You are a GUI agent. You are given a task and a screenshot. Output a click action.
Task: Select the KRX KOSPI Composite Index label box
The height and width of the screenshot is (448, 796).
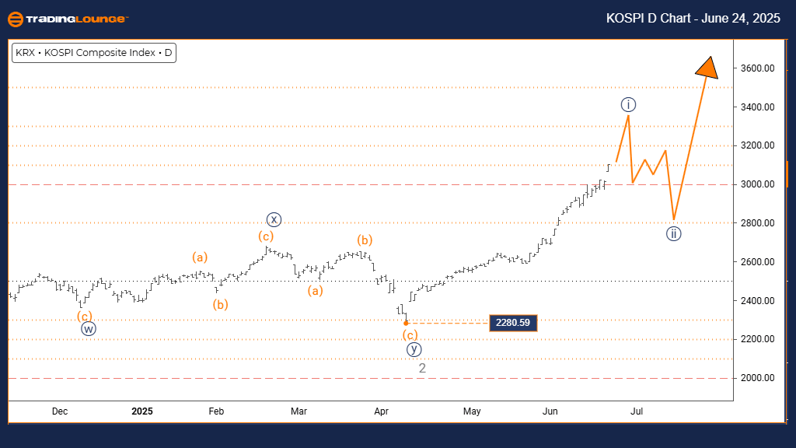[x=93, y=54]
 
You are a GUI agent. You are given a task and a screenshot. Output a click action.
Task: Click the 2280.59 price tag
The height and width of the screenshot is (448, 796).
[x=513, y=322]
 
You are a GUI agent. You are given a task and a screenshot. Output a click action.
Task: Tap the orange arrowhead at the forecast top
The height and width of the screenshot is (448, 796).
[x=707, y=68]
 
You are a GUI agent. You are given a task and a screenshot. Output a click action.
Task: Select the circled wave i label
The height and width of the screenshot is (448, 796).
[x=629, y=104]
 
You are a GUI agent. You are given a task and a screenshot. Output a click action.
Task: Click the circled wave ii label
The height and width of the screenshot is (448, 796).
[x=674, y=233]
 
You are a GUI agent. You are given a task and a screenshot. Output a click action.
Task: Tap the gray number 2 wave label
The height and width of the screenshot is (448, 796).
[x=422, y=368]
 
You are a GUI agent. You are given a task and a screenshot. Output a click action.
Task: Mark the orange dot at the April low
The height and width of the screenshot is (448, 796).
[x=407, y=322]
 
